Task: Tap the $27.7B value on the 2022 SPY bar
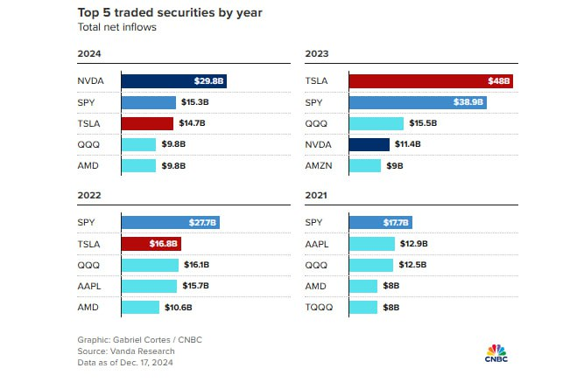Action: point(203,223)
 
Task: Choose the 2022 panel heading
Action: point(89,196)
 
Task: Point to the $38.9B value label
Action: point(469,102)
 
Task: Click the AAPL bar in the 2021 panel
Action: point(380,244)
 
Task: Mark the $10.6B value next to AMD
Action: point(179,307)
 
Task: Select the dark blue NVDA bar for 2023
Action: point(369,144)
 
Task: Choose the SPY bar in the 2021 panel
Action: point(381,223)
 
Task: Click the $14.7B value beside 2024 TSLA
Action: point(195,123)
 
